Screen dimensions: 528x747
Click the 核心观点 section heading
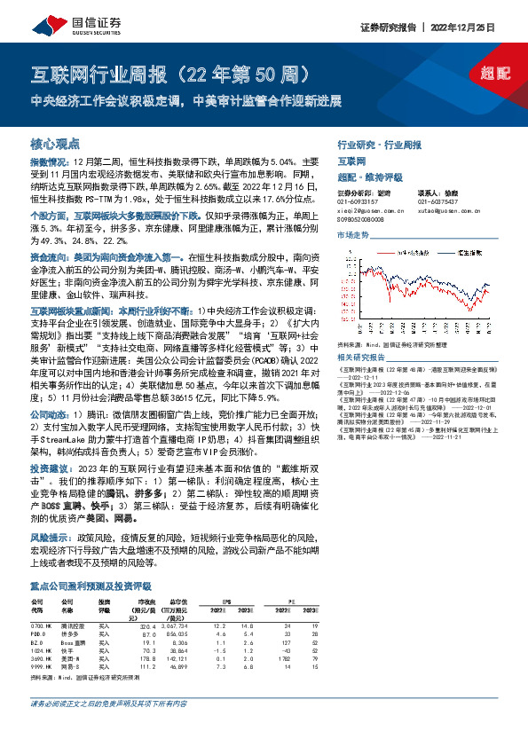pos(56,142)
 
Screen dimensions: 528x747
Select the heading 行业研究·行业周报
pos(379,144)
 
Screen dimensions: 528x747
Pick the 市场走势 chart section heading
pos(352,234)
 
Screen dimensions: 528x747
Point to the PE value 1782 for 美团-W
pos(459,634)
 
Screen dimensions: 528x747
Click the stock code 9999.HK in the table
pos(43,643)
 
